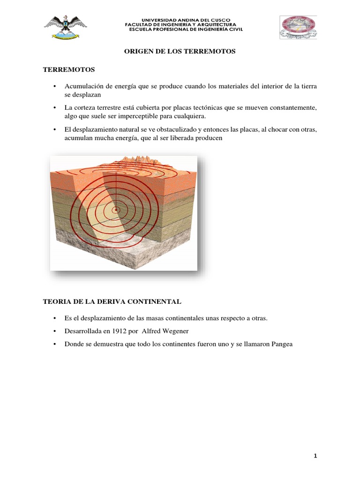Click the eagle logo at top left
point(65,28)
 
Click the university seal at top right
point(298,27)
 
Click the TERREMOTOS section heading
point(69,70)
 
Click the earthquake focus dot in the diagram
point(115,210)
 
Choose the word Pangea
point(279,344)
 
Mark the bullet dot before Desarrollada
point(55,331)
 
